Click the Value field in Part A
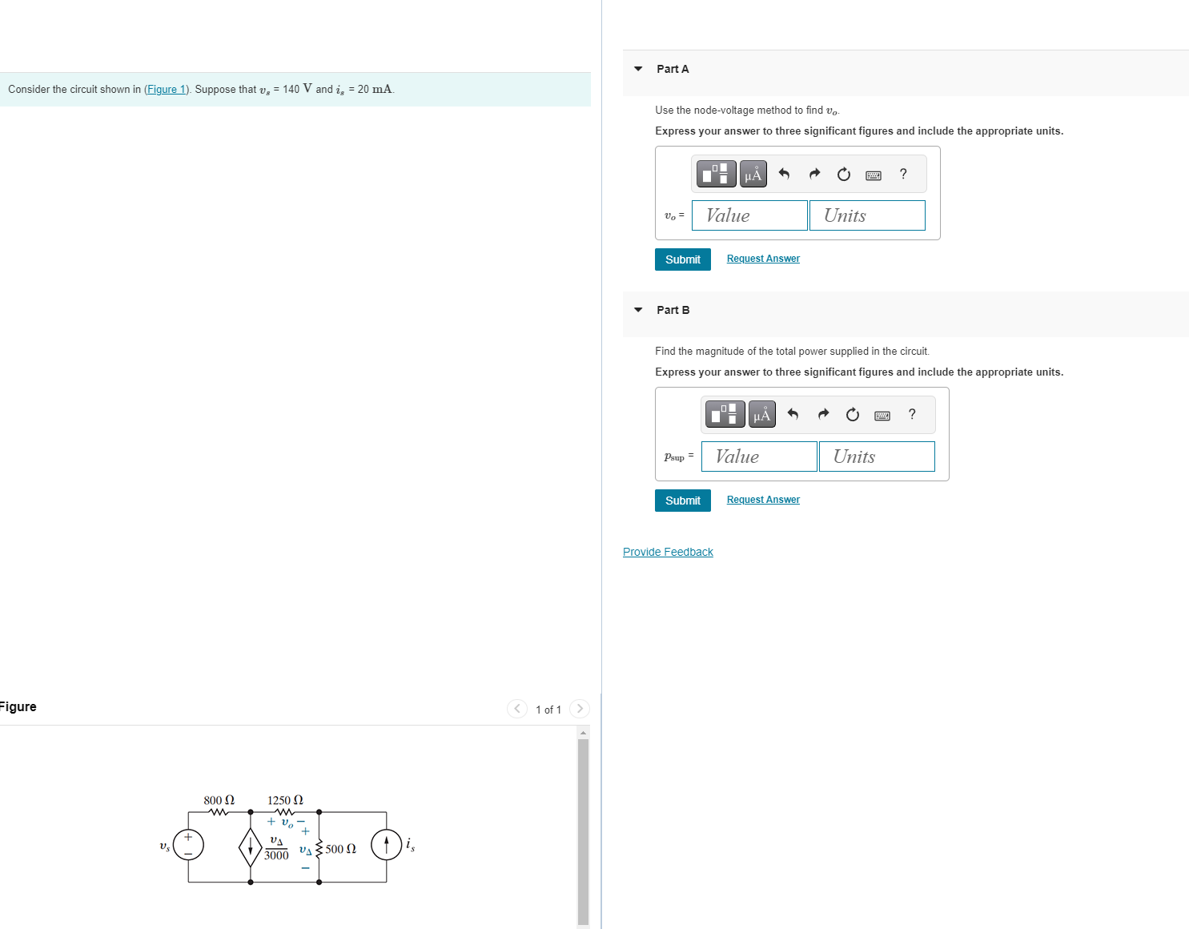pyautogui.click(x=749, y=215)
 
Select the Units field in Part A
pyautogui.click(x=867, y=215)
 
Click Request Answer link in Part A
pyautogui.click(x=763, y=259)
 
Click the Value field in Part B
pyautogui.click(x=759, y=456)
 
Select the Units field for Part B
pyautogui.click(x=877, y=456)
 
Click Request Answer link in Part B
pyautogui.click(x=763, y=500)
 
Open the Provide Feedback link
pyautogui.click(x=668, y=552)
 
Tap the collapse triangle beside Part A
pyautogui.click(x=638, y=69)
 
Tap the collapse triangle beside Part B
pyautogui.click(x=638, y=310)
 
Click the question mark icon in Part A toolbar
pyautogui.click(x=903, y=174)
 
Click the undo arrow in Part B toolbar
pyautogui.click(x=793, y=414)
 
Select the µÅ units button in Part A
pyautogui.click(x=753, y=174)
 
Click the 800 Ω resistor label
pyautogui.click(x=219, y=800)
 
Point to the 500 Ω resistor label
pyautogui.click(x=340, y=849)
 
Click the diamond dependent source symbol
pyautogui.click(x=251, y=847)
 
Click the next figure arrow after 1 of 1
pyautogui.click(x=580, y=709)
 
